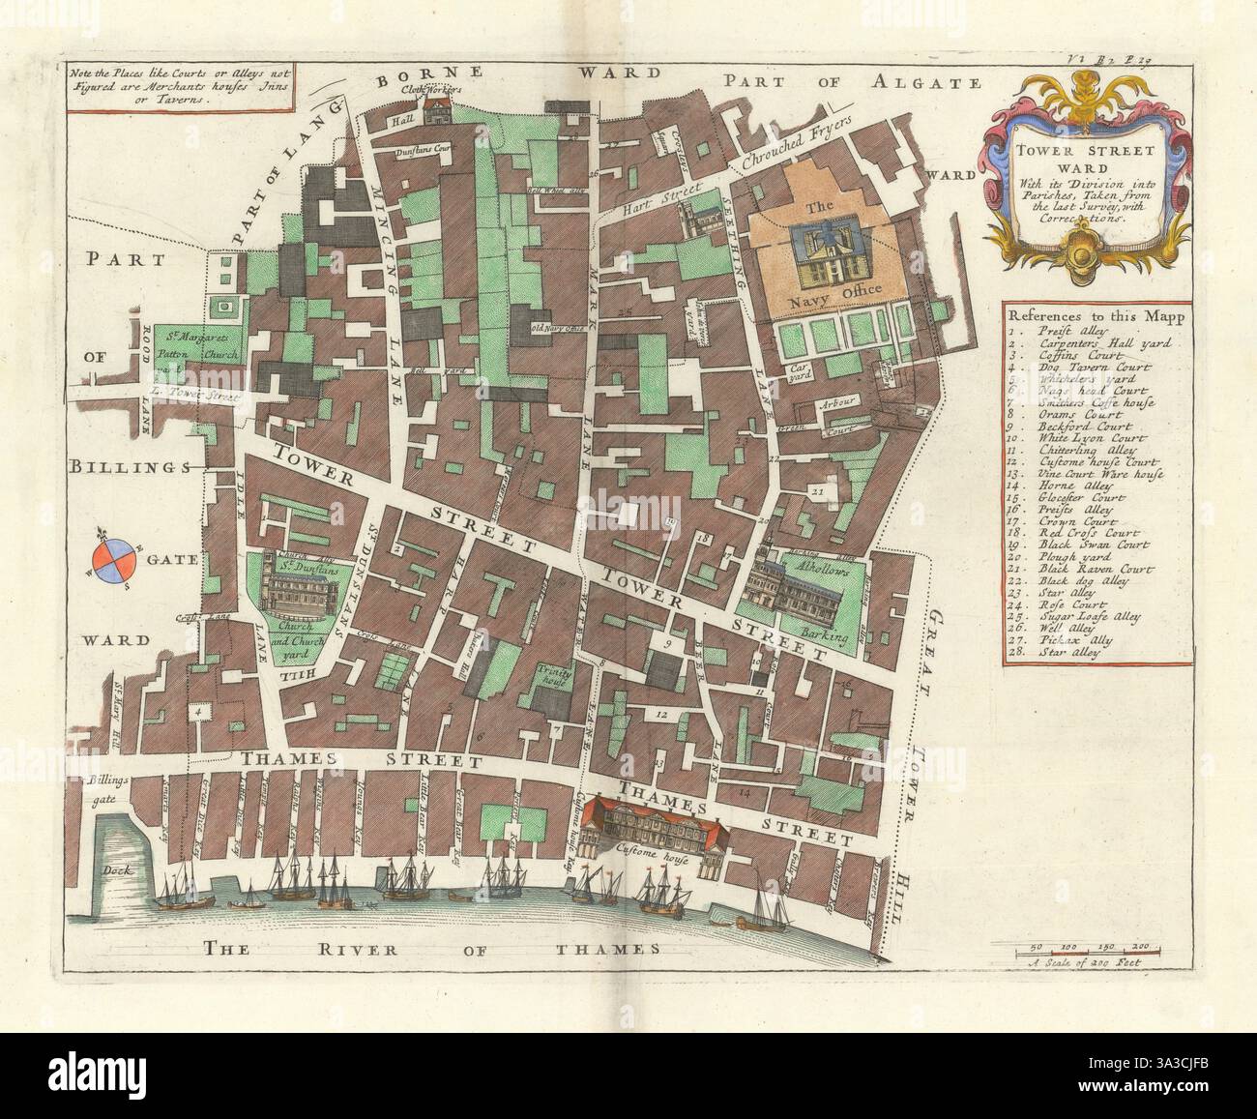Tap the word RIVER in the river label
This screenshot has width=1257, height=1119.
click(376, 949)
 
